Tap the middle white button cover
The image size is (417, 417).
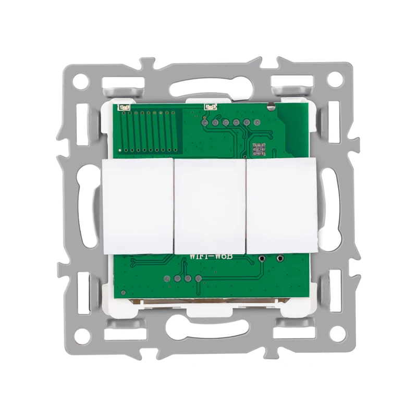[210, 206]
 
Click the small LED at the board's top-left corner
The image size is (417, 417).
[123, 107]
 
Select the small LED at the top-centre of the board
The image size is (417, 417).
[210, 106]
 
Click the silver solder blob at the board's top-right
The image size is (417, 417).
[271, 108]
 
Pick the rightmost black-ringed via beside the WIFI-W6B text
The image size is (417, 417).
[281, 257]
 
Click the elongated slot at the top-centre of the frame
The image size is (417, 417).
[208, 86]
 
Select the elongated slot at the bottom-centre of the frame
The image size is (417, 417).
[208, 328]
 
